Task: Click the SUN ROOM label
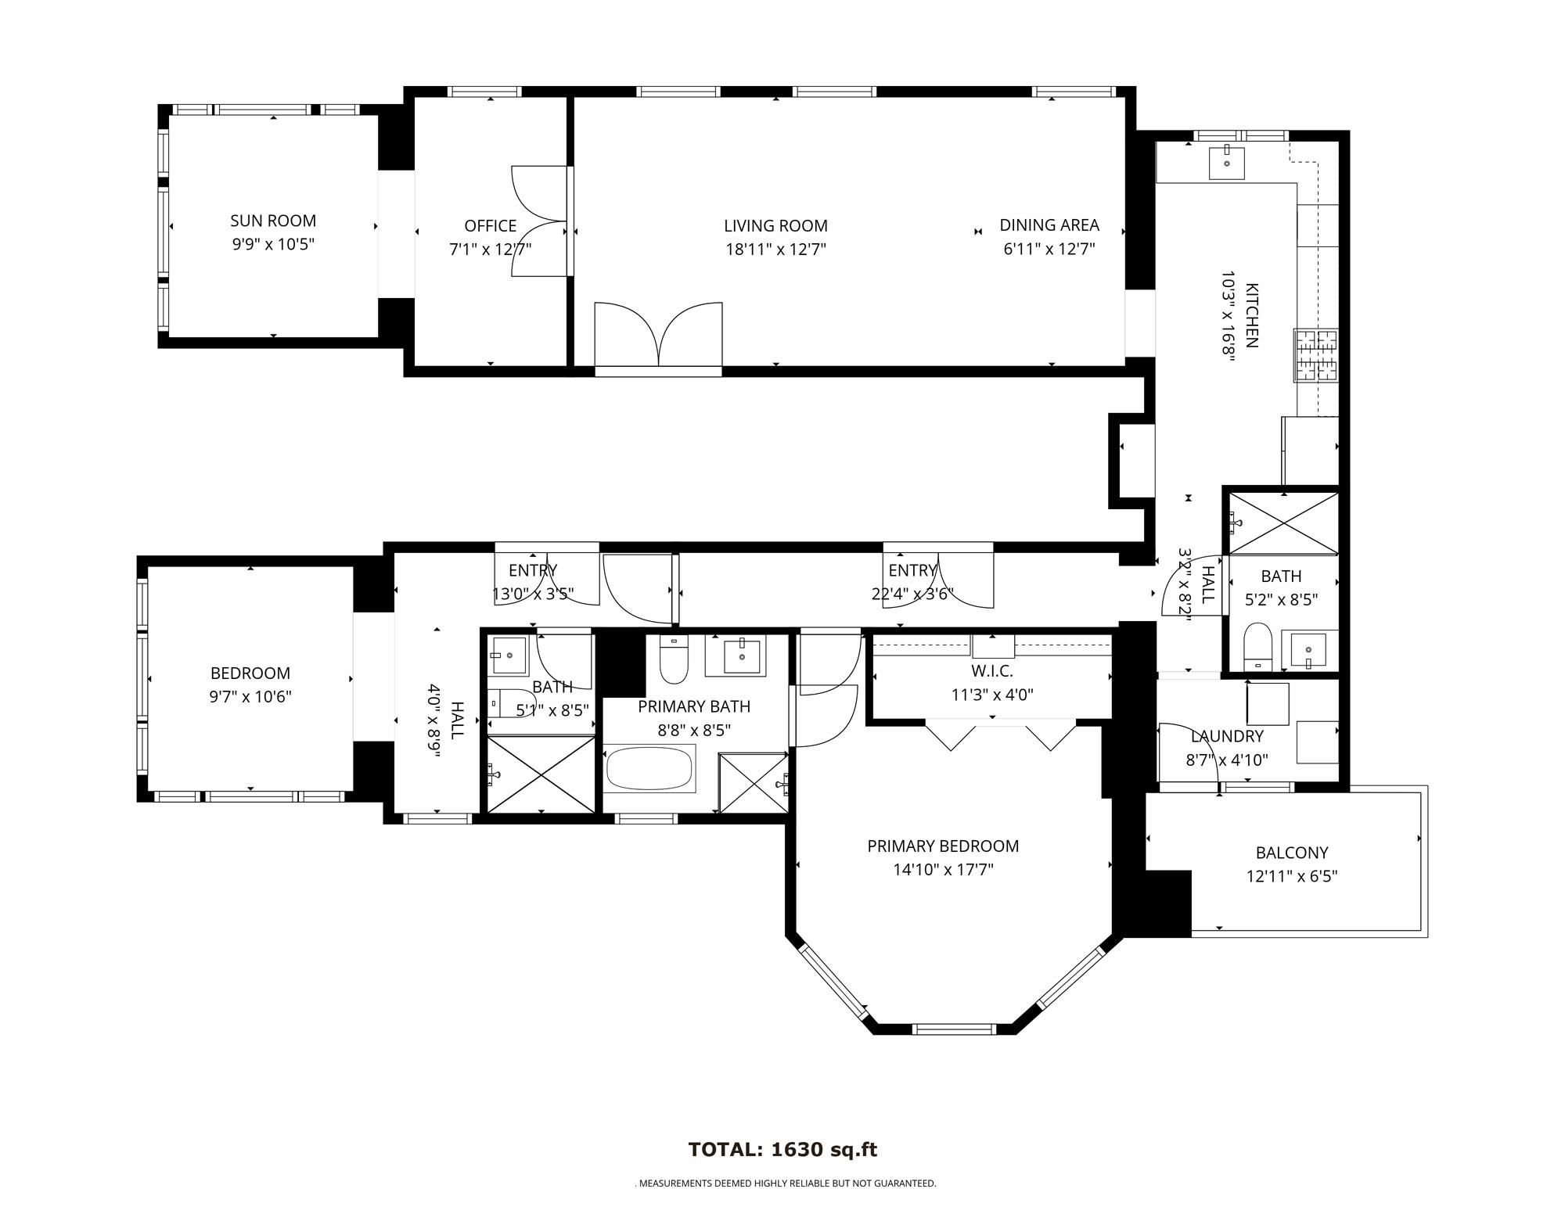point(272,221)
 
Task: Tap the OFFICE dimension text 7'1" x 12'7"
point(490,250)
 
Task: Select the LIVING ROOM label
point(775,226)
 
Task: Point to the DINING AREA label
point(1049,225)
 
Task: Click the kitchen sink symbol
point(1226,162)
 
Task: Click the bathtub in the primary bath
point(649,768)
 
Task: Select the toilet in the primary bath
point(673,661)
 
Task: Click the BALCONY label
point(1291,853)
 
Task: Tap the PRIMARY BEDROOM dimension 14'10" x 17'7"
point(942,870)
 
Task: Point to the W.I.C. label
point(991,671)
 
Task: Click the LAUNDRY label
point(1226,736)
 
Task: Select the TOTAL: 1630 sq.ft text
point(782,1150)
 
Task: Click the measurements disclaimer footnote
point(785,1184)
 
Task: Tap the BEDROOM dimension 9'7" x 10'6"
point(250,697)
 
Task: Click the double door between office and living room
point(540,221)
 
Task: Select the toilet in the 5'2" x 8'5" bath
point(1257,646)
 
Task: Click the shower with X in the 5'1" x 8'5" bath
point(541,774)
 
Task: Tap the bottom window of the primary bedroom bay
point(955,1029)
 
